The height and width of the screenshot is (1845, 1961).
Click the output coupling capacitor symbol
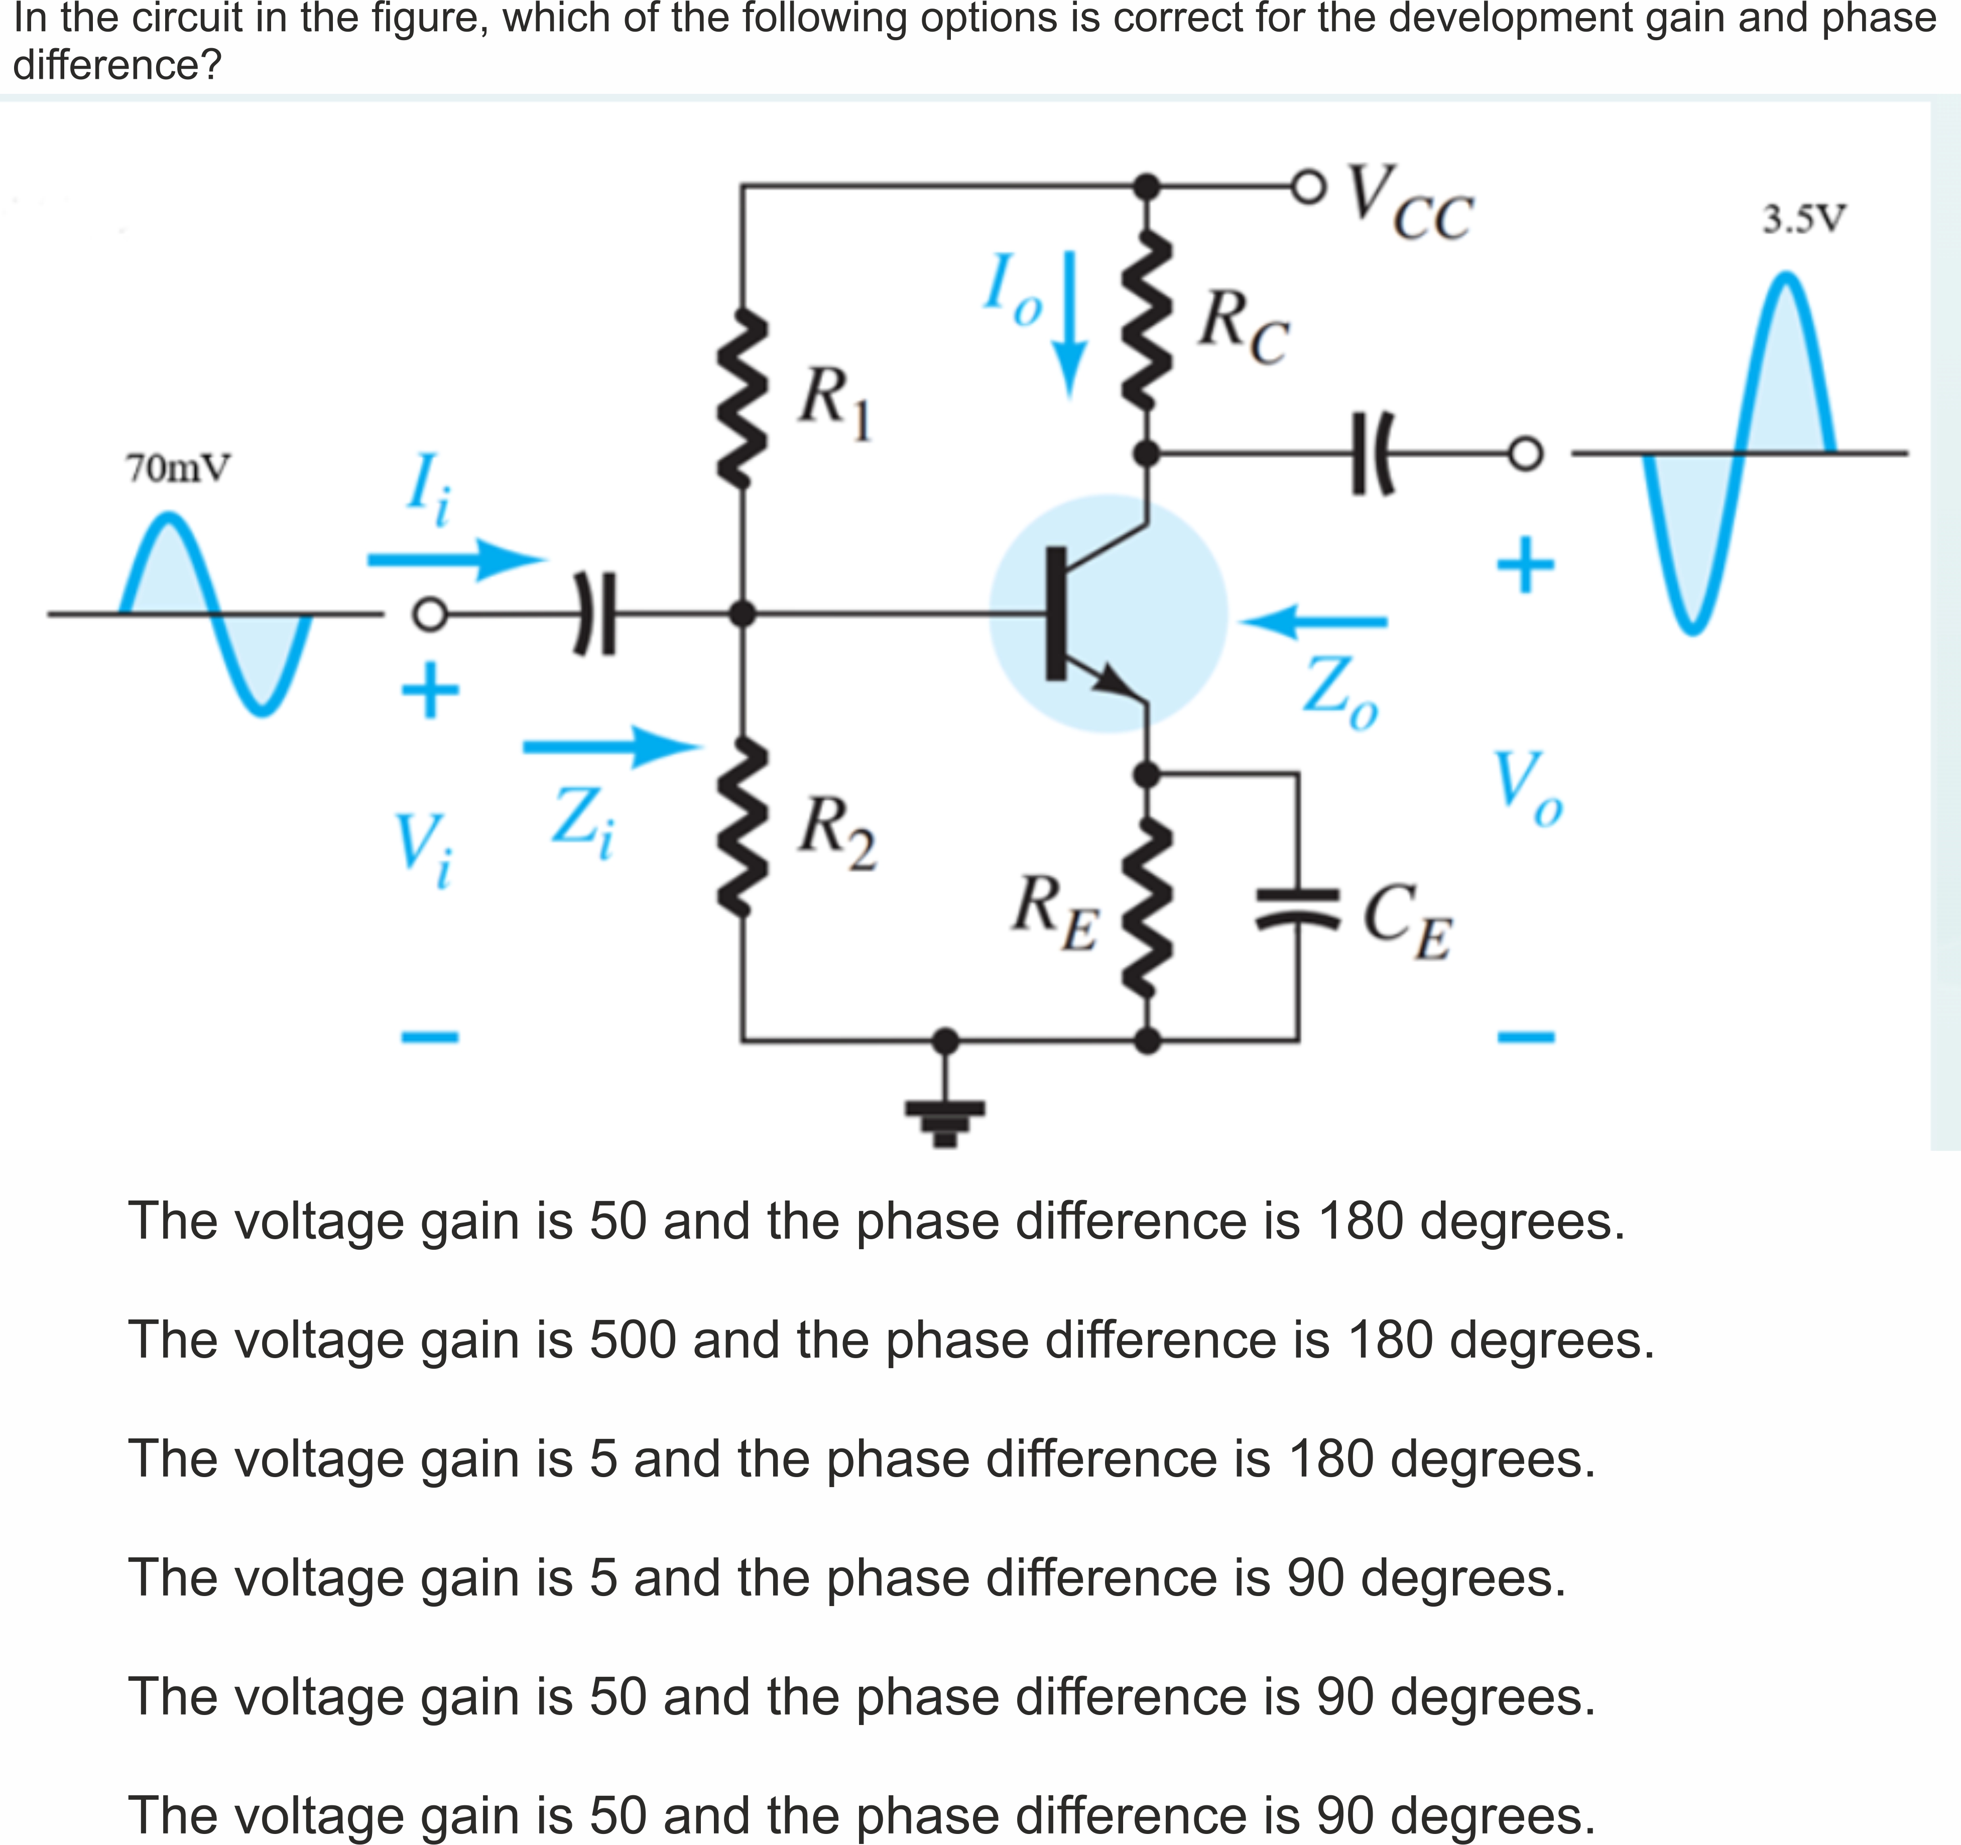click(x=1371, y=454)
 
